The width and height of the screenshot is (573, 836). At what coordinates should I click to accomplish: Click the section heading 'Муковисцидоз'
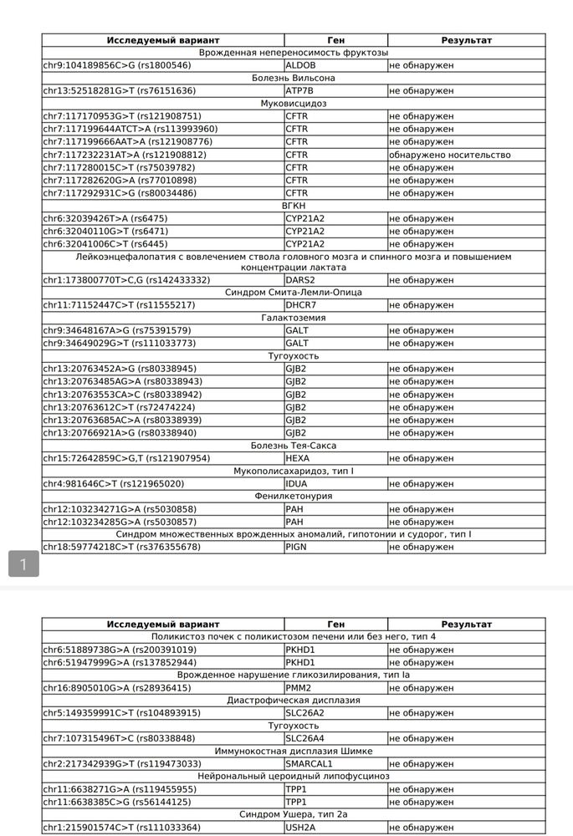tap(294, 104)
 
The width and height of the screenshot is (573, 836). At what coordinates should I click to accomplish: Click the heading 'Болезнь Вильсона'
tap(294, 78)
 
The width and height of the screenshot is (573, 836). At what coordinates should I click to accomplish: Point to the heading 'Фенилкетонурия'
tap(294, 496)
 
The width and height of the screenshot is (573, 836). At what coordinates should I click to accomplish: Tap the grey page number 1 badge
tap(23, 564)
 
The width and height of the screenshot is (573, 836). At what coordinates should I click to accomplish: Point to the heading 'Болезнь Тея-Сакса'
tap(294, 446)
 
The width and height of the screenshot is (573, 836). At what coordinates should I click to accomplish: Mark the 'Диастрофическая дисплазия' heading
tap(294, 701)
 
